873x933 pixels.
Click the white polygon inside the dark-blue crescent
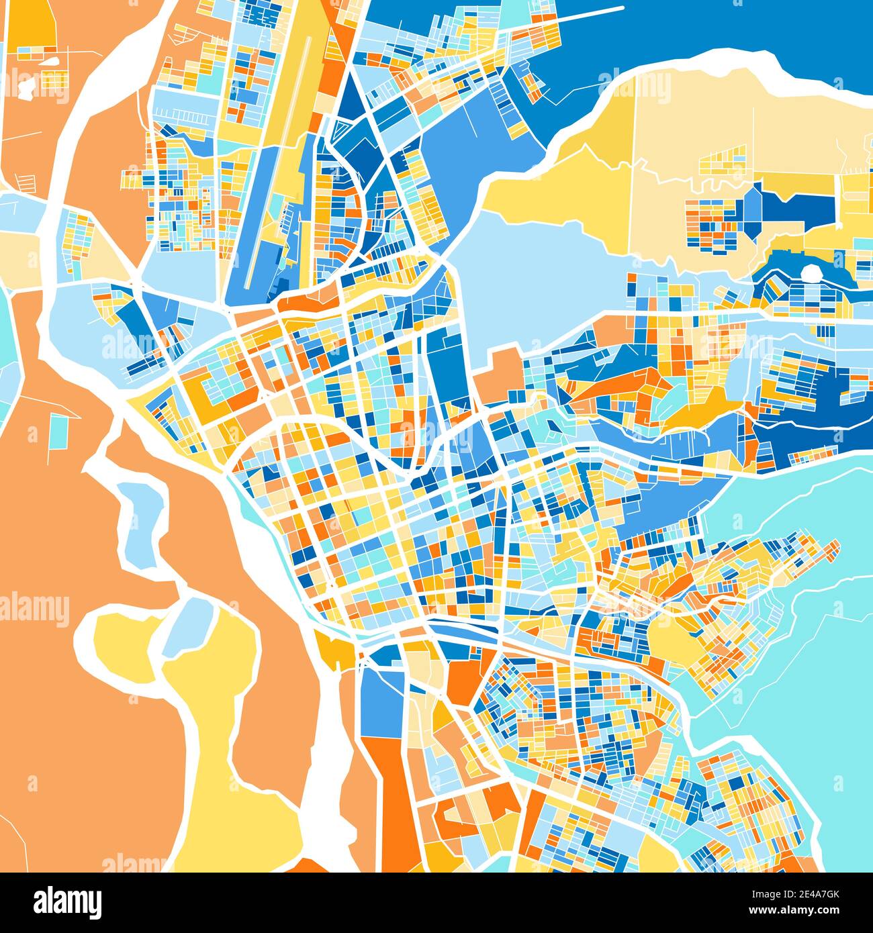coord(812,273)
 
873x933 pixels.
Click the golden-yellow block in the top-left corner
coord(31,23)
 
